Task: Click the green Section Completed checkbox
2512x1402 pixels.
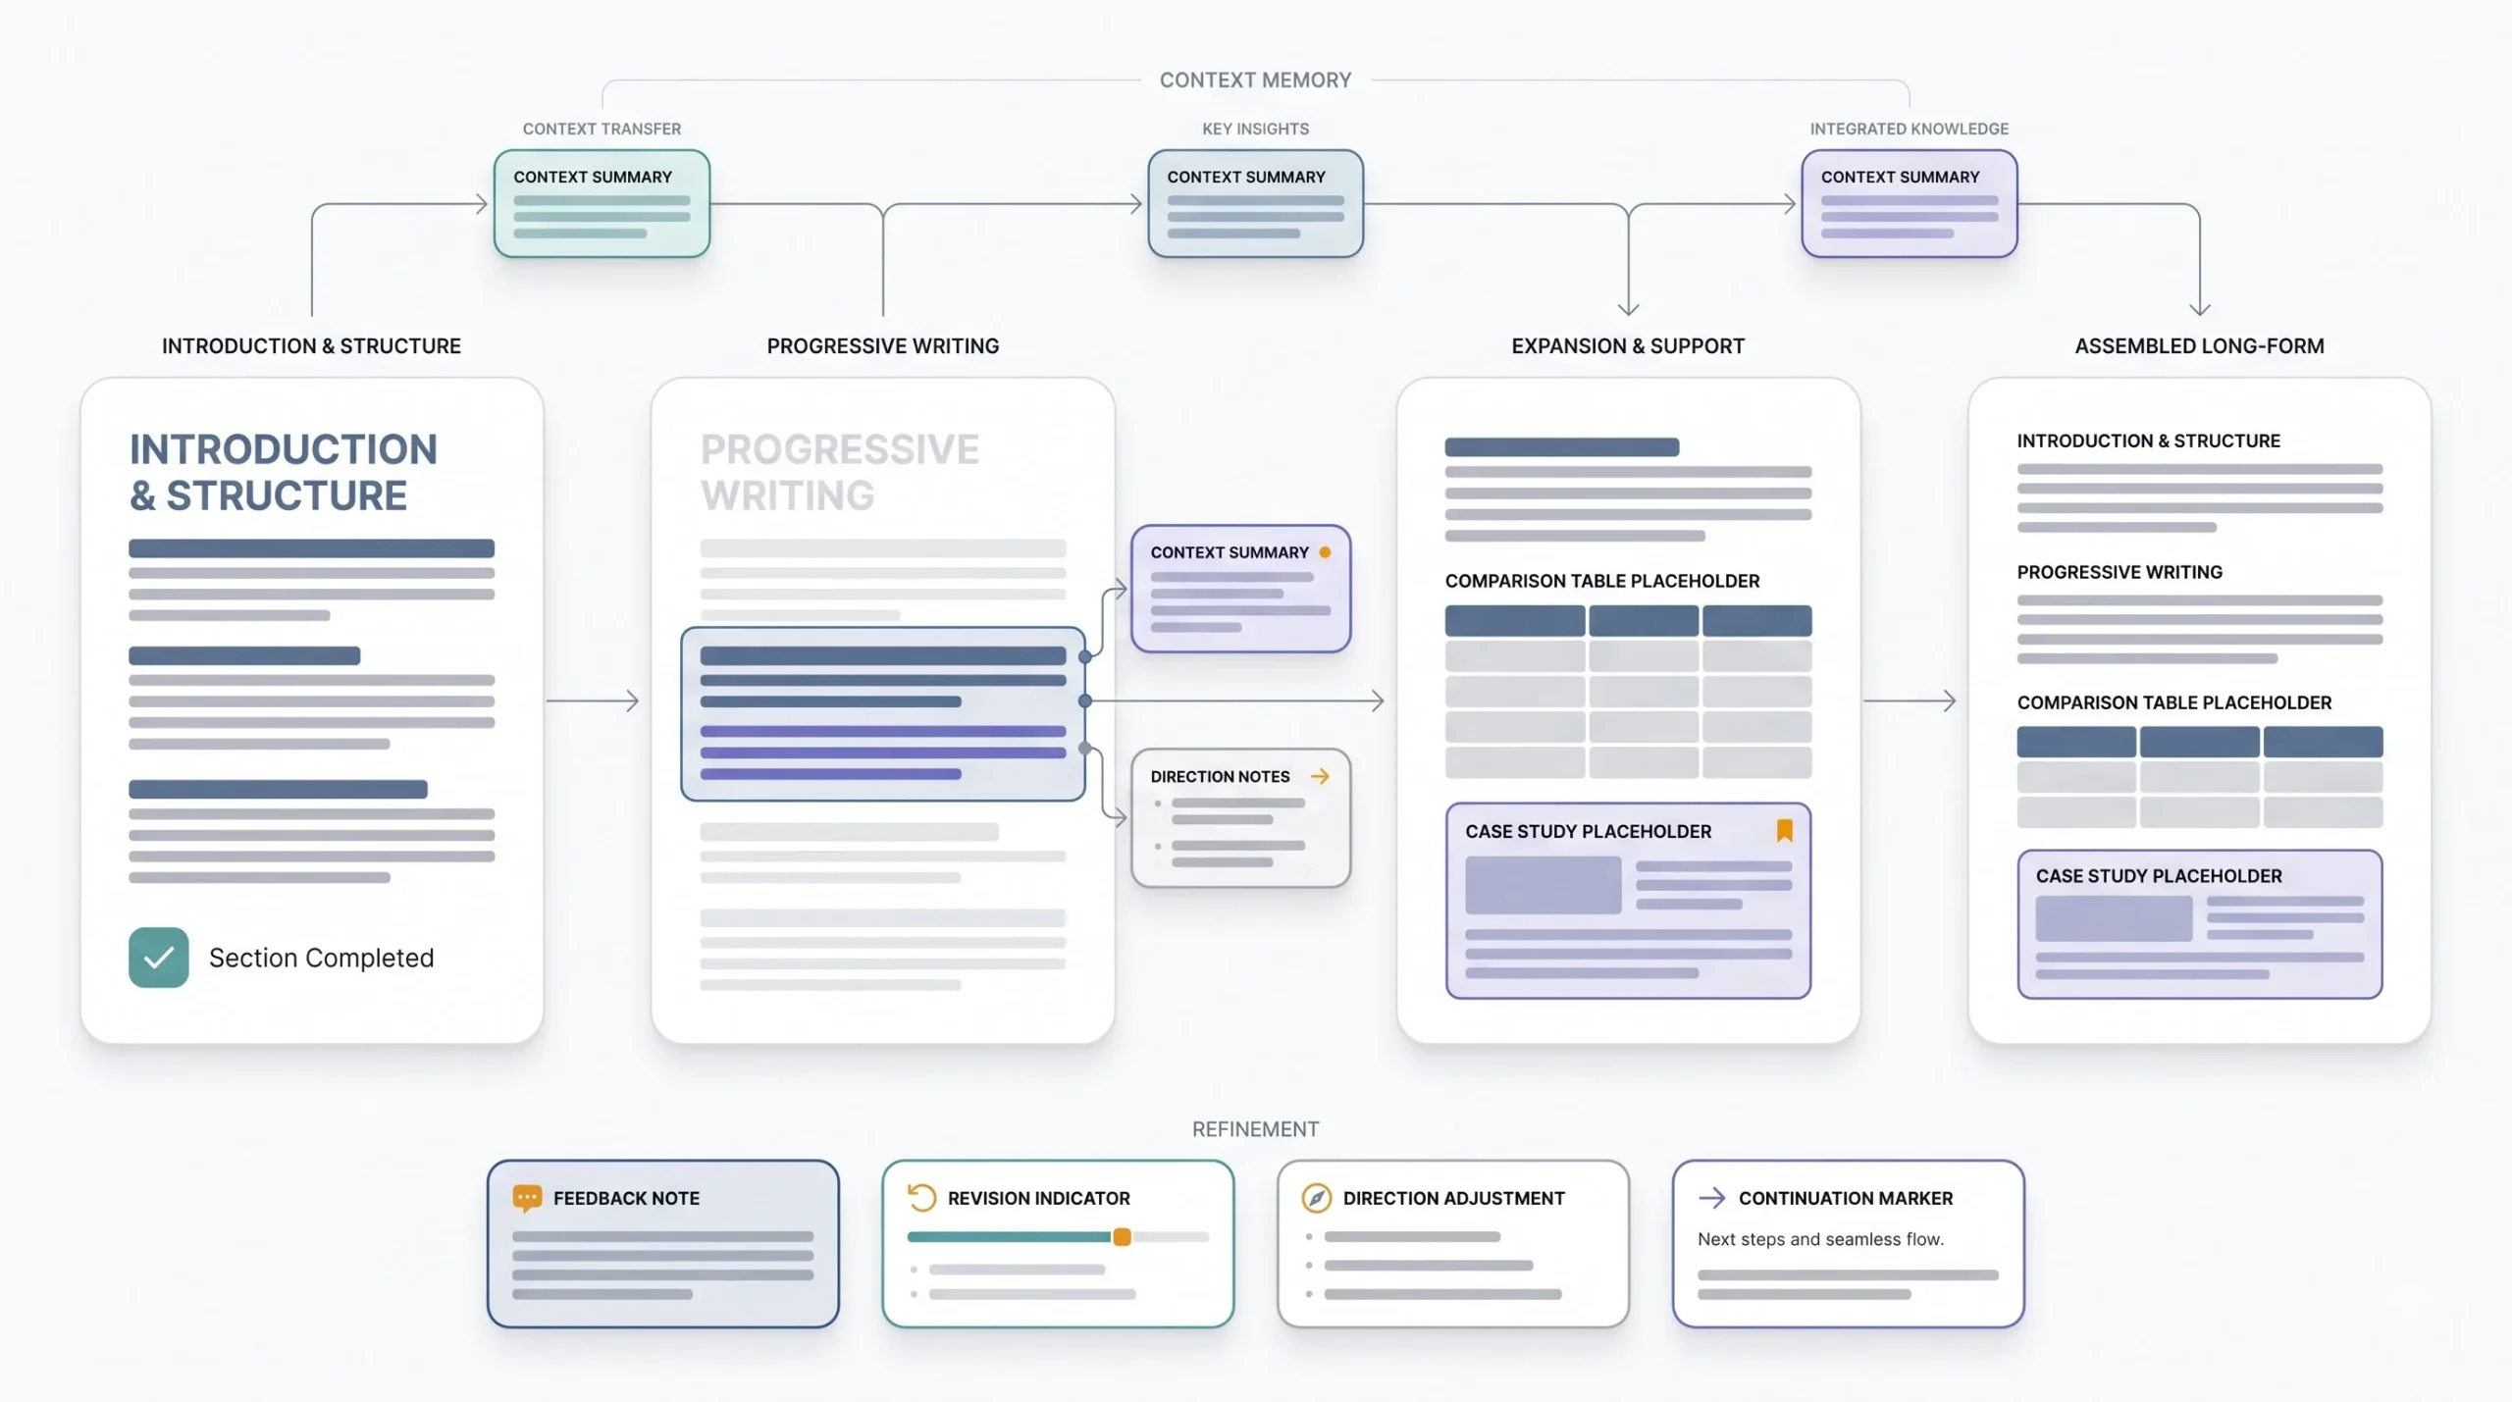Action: point(158,957)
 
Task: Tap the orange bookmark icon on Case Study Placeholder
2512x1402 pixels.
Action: point(1785,830)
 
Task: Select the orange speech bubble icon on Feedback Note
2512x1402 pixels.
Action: point(527,1198)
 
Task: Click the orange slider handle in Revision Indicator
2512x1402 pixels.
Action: point(1122,1237)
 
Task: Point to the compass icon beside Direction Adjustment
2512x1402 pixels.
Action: point(1316,1198)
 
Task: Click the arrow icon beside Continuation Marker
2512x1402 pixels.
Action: point(1711,1198)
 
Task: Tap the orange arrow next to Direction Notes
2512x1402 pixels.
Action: point(1320,776)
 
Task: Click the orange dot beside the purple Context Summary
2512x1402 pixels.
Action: point(1325,552)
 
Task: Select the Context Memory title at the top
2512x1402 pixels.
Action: point(1255,80)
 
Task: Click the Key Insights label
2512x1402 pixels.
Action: point(1255,129)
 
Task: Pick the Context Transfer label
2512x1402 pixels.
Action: point(602,129)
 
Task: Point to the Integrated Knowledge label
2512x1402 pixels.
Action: point(1909,129)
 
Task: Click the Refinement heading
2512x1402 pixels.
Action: point(1255,1129)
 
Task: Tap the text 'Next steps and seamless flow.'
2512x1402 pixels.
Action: point(1820,1239)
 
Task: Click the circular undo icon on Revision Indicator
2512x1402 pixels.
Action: point(921,1197)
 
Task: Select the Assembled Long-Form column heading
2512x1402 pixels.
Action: point(2199,346)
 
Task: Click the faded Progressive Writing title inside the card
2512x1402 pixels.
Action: point(840,472)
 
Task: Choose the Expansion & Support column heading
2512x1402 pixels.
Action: point(1628,346)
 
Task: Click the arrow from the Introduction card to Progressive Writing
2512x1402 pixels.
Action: point(593,701)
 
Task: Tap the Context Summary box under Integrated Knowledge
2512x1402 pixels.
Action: point(1909,204)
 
